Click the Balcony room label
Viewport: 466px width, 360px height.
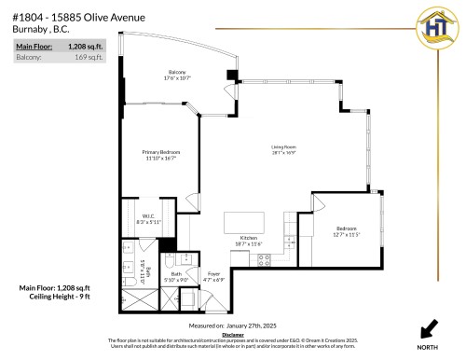click(x=176, y=75)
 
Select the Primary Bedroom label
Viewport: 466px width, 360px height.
click(x=160, y=155)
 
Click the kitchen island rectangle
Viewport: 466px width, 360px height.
click(x=245, y=221)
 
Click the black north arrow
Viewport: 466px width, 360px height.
click(x=431, y=328)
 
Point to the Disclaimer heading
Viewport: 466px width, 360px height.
click(x=233, y=334)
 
